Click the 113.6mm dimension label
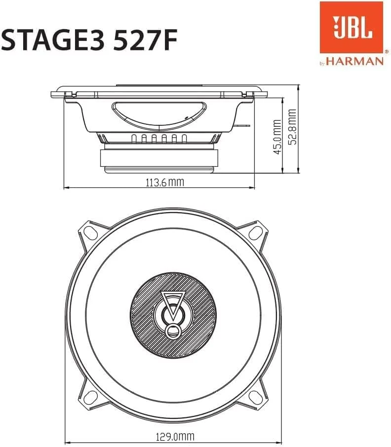(x=164, y=182)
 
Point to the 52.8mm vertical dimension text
(x=293, y=127)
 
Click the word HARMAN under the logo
(x=355, y=61)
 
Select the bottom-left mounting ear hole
(x=90, y=396)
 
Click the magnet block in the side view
(x=159, y=158)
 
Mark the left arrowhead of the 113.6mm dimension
(x=66, y=188)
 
